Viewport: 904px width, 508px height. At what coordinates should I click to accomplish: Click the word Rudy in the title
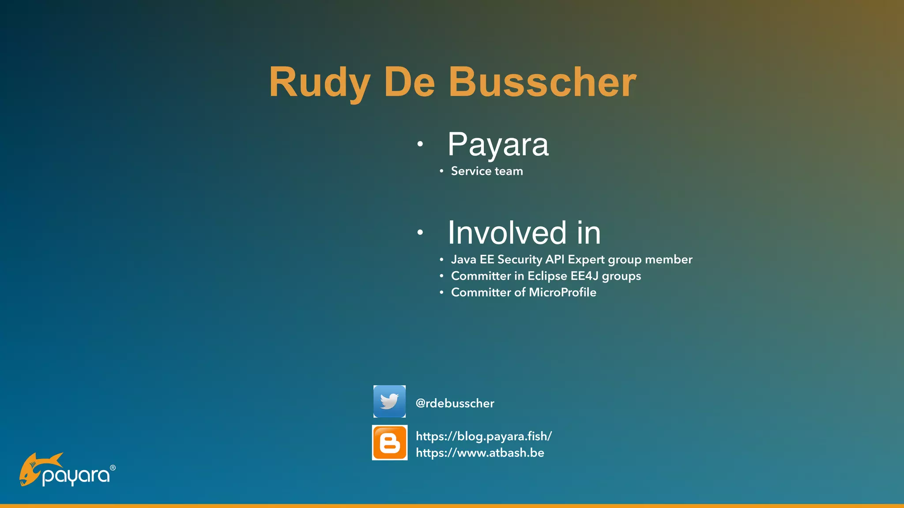point(319,82)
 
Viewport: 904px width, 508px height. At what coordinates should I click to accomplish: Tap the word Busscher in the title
point(542,82)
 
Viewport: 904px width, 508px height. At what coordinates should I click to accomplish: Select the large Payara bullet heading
point(498,144)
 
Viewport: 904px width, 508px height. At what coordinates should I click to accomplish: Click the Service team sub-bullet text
point(486,171)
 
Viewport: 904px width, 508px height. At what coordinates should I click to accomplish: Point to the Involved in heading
point(524,232)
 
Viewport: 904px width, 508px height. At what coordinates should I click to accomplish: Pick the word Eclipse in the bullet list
point(547,276)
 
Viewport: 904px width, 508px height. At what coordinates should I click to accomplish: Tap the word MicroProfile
point(562,292)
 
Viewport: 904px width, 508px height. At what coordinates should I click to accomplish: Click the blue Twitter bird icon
point(389,401)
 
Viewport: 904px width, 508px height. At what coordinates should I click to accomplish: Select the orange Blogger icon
point(390,443)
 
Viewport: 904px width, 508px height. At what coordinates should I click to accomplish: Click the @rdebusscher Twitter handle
point(455,403)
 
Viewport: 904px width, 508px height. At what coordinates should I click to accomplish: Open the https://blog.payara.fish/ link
point(484,436)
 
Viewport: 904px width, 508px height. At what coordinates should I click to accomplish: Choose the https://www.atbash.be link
point(480,453)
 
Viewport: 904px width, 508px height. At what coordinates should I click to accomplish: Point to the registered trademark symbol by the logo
point(113,468)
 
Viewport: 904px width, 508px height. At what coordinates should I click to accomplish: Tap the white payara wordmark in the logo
point(76,476)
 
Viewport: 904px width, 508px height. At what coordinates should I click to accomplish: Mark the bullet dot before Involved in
point(420,232)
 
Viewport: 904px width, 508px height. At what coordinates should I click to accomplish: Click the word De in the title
point(409,82)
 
